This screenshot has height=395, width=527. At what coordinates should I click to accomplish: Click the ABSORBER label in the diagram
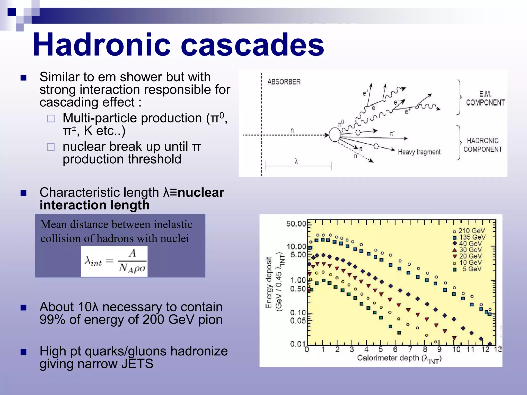pos(284,82)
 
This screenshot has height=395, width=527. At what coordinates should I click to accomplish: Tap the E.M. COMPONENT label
pos(485,98)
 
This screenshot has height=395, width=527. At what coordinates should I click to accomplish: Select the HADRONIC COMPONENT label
pos(482,145)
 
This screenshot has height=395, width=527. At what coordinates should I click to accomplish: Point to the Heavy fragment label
pos(419,152)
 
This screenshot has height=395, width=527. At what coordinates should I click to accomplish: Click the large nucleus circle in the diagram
pos(335,135)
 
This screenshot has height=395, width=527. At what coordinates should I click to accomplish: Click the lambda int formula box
pos(114,261)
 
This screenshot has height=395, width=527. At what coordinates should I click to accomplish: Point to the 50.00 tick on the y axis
pos(296,224)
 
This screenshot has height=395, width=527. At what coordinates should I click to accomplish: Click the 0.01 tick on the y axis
pos(298,344)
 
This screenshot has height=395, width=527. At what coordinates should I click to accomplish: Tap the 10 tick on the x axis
pos(456,349)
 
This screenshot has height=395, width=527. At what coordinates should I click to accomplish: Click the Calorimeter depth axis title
pos(399,358)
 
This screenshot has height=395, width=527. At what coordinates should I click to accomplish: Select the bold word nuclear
pos(201,192)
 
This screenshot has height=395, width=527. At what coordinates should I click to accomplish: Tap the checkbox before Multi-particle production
pos(51,119)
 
